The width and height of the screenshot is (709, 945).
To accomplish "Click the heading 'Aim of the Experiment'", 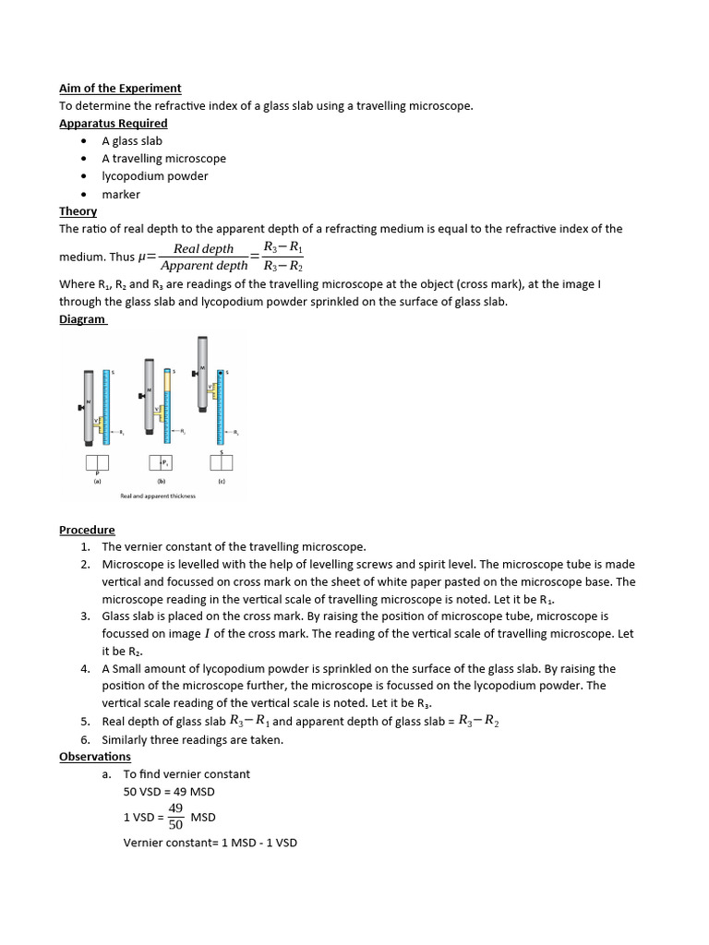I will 120,89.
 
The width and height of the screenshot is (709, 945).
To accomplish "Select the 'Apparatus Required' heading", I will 114,124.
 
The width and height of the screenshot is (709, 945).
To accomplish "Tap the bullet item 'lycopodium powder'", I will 155,176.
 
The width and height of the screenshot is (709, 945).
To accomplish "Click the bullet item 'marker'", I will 121,195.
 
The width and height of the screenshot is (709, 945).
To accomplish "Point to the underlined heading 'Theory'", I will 78,211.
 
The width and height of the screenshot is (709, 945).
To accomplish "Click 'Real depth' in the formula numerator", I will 204,248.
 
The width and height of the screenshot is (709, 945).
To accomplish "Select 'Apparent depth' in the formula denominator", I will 204,266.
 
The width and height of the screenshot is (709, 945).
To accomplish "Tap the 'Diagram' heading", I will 82,319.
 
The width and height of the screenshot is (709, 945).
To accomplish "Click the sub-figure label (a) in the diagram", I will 97,480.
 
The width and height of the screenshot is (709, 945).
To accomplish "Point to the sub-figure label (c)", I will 222,480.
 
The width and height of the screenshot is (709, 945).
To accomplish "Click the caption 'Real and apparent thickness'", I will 158,496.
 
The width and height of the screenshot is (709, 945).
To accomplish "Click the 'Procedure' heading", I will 87,530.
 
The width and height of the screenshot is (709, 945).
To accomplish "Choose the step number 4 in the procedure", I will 85,669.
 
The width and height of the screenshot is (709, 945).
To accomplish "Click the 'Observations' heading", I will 95,757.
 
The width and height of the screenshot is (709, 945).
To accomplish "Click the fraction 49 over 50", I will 175,817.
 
